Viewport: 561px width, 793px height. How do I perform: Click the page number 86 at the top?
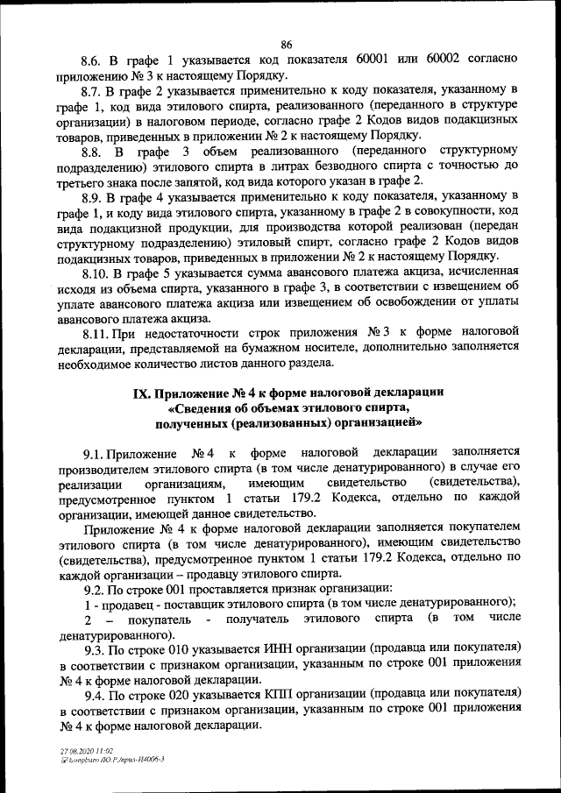tap(287, 46)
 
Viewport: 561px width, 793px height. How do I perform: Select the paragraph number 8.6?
tap(92, 61)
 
